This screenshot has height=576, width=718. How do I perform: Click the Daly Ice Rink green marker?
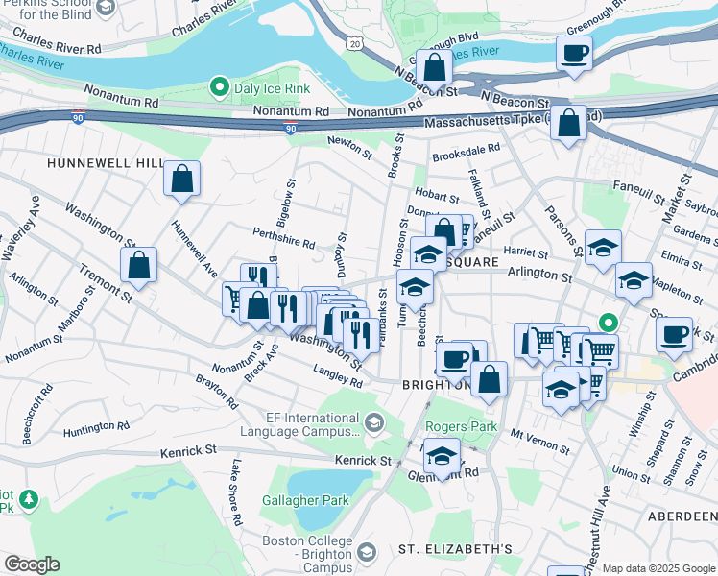click(x=220, y=88)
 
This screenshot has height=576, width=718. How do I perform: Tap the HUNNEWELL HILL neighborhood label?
click(x=107, y=164)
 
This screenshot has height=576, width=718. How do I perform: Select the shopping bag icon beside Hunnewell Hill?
click(x=181, y=179)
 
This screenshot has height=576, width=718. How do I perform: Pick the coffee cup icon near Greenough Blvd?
click(x=575, y=54)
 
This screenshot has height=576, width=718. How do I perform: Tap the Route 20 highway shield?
click(x=356, y=44)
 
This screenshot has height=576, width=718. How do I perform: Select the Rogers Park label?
click(x=469, y=425)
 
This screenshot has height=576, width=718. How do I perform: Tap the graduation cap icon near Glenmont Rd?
click(x=442, y=456)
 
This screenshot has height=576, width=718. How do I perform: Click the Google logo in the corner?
click(x=32, y=564)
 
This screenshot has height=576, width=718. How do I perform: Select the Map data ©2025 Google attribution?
click(x=658, y=568)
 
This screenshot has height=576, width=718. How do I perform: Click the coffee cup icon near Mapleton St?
click(x=675, y=335)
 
